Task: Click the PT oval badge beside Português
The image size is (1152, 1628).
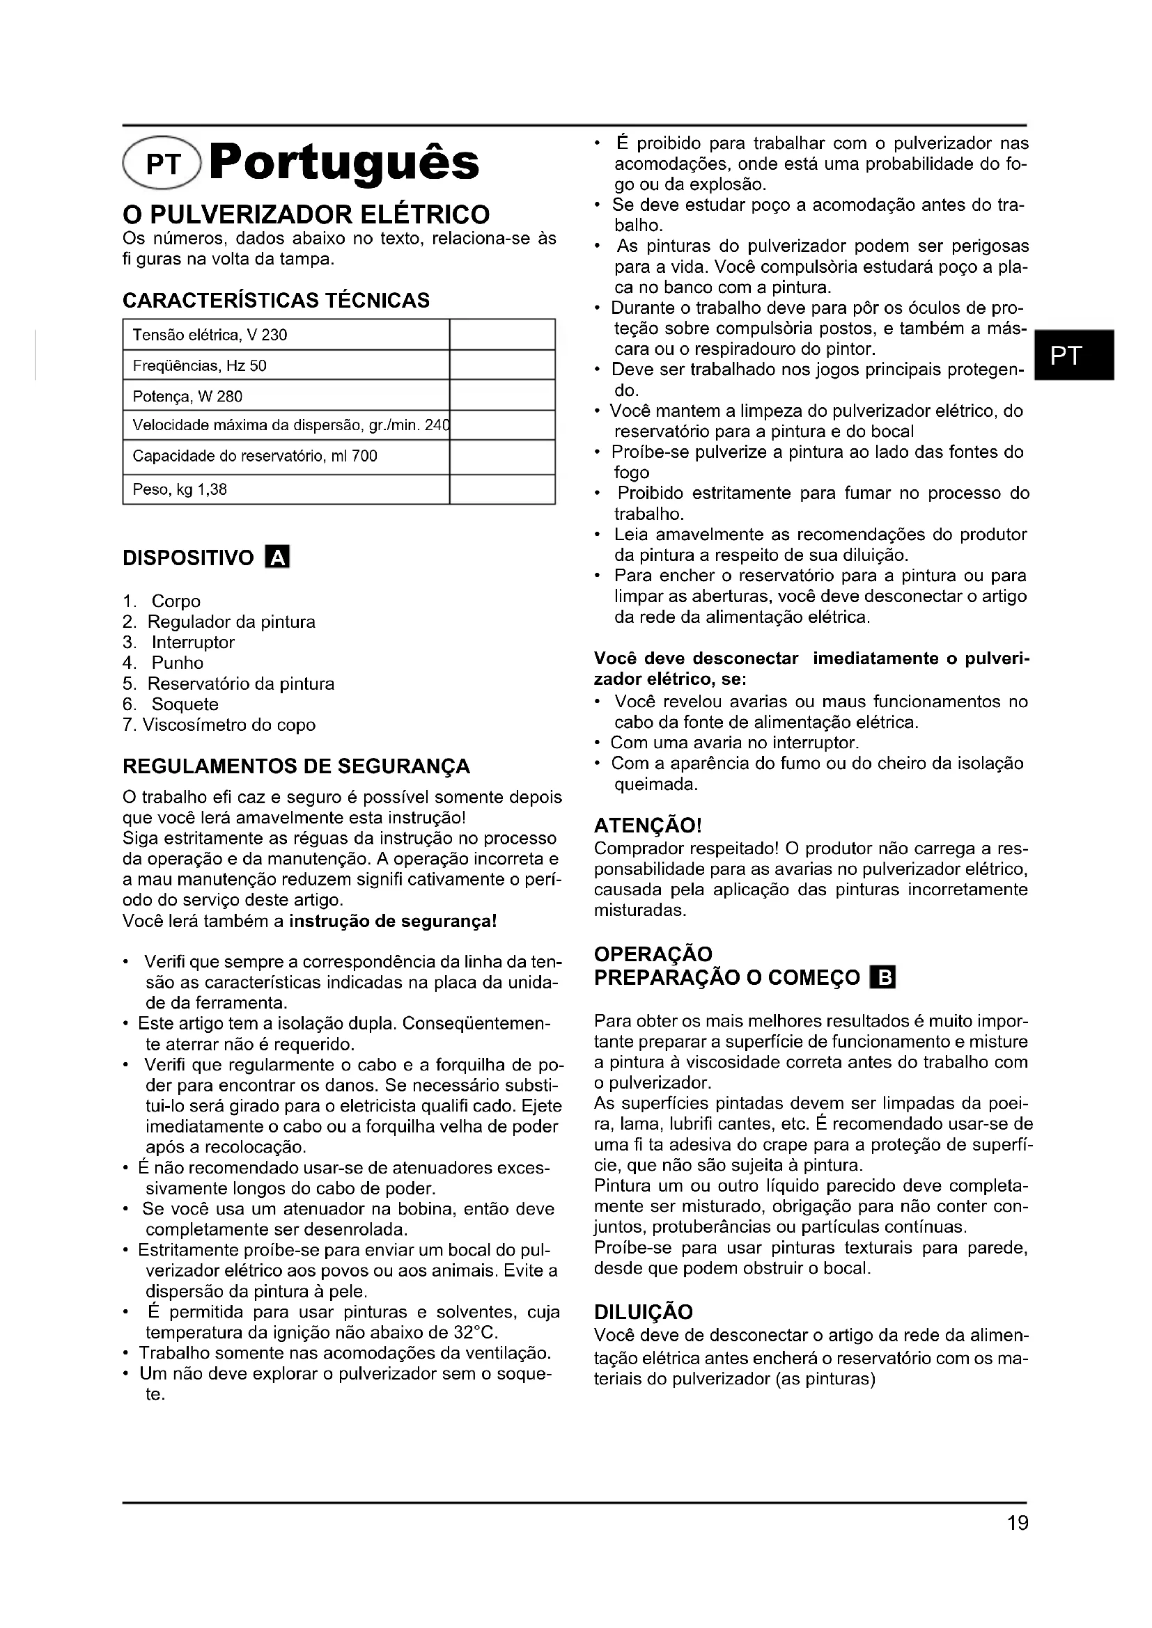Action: (x=162, y=163)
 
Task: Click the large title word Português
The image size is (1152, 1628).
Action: (x=345, y=163)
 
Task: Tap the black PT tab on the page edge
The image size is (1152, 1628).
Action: (x=1074, y=354)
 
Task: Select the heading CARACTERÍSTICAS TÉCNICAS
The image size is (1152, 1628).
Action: (x=276, y=301)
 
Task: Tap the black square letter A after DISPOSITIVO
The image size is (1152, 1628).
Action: (x=277, y=558)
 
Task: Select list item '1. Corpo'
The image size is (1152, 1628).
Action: (x=162, y=601)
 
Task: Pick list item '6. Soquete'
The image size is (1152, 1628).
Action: (x=171, y=704)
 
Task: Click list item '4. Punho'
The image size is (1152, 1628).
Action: (x=164, y=663)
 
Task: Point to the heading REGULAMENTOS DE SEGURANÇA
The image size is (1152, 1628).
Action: (x=297, y=766)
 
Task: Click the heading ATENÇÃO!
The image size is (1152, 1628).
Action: (x=648, y=825)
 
